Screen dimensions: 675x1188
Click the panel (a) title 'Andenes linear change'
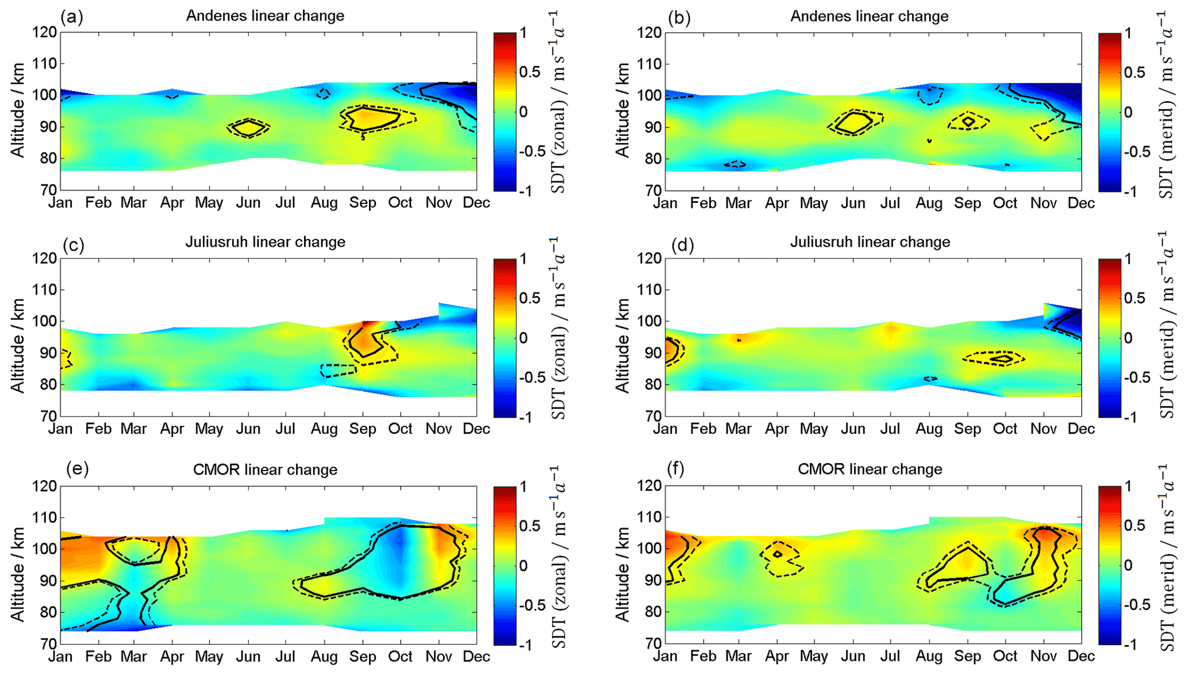(x=265, y=16)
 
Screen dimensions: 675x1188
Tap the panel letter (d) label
(x=682, y=245)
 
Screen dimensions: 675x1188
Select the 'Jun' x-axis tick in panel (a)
(x=248, y=202)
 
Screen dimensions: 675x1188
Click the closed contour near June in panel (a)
(x=248, y=128)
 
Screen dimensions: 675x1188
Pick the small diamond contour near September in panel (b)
(x=968, y=121)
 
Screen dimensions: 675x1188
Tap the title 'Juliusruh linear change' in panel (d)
(x=870, y=242)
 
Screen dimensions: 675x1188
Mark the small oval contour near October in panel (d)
(x=1004, y=359)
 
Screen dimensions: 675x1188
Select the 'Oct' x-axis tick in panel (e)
(x=400, y=656)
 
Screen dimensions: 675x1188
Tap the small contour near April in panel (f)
(x=778, y=554)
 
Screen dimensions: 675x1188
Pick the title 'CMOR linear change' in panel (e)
(x=265, y=469)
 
